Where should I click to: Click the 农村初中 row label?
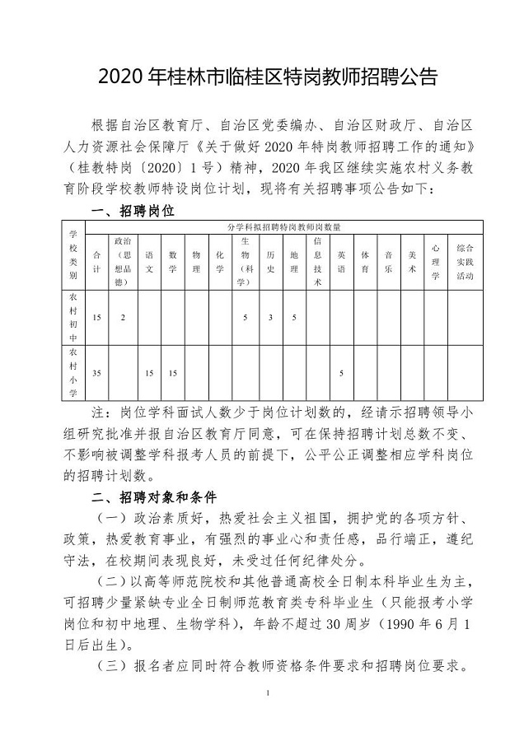tap(73, 316)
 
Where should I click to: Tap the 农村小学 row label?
tap(73, 372)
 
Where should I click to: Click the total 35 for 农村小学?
tap(97, 373)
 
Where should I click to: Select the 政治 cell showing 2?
tap(123, 317)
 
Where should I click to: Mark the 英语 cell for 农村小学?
tap(341, 373)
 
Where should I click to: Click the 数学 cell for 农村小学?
tap(173, 373)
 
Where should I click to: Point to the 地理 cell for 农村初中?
tap(294, 317)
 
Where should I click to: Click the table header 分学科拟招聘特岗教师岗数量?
tap(284, 225)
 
